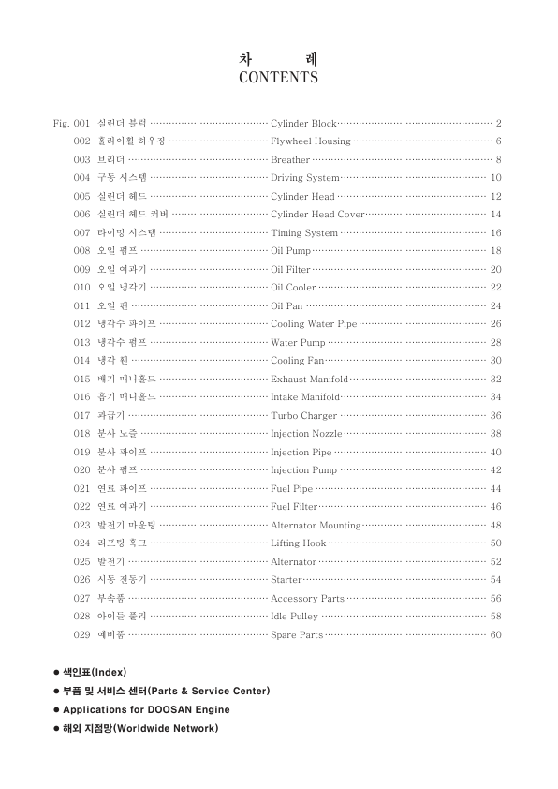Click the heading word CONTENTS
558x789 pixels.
point(278,78)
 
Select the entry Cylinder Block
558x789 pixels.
point(302,123)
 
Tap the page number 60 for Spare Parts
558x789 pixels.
point(496,635)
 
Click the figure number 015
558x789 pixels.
point(81,380)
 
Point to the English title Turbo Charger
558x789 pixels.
point(303,416)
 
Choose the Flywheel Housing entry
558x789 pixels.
point(310,141)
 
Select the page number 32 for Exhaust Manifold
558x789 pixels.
point(496,380)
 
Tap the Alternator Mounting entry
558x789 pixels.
point(315,526)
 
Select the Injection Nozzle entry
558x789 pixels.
point(306,434)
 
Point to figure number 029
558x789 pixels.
point(81,635)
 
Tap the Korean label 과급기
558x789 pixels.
point(111,416)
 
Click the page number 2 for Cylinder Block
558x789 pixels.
point(499,123)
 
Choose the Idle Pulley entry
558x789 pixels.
point(294,617)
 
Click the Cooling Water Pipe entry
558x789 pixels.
point(314,324)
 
